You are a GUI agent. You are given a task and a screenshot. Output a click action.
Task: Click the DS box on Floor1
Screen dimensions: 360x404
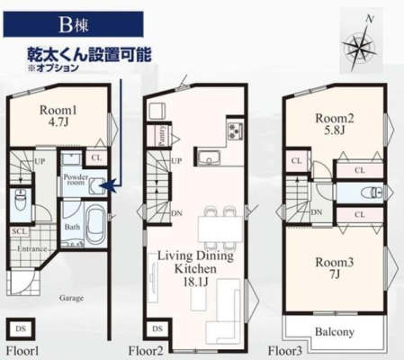click(x=21, y=328)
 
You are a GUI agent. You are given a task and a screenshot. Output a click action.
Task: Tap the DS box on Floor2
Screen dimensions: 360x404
click(x=156, y=328)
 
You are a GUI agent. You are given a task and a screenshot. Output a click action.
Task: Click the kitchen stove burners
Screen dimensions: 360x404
click(x=236, y=130)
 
